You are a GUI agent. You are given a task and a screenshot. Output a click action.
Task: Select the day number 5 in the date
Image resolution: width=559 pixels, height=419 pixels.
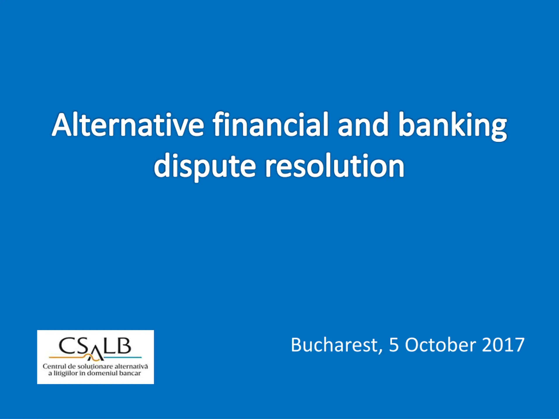(394, 345)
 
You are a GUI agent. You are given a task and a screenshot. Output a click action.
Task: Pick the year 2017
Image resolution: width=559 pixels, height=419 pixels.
(503, 345)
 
